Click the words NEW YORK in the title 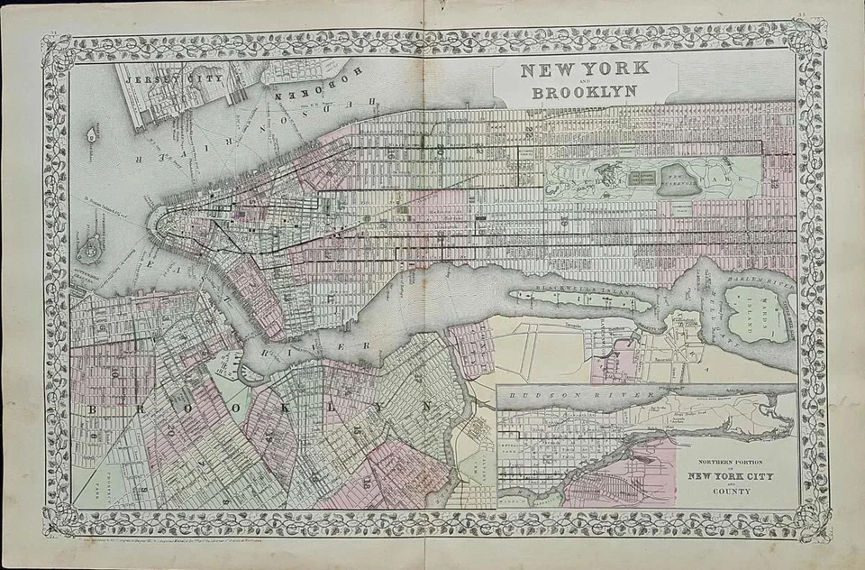(x=585, y=70)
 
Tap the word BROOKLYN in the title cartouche (x=585, y=91)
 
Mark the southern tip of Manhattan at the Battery (x=154, y=225)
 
